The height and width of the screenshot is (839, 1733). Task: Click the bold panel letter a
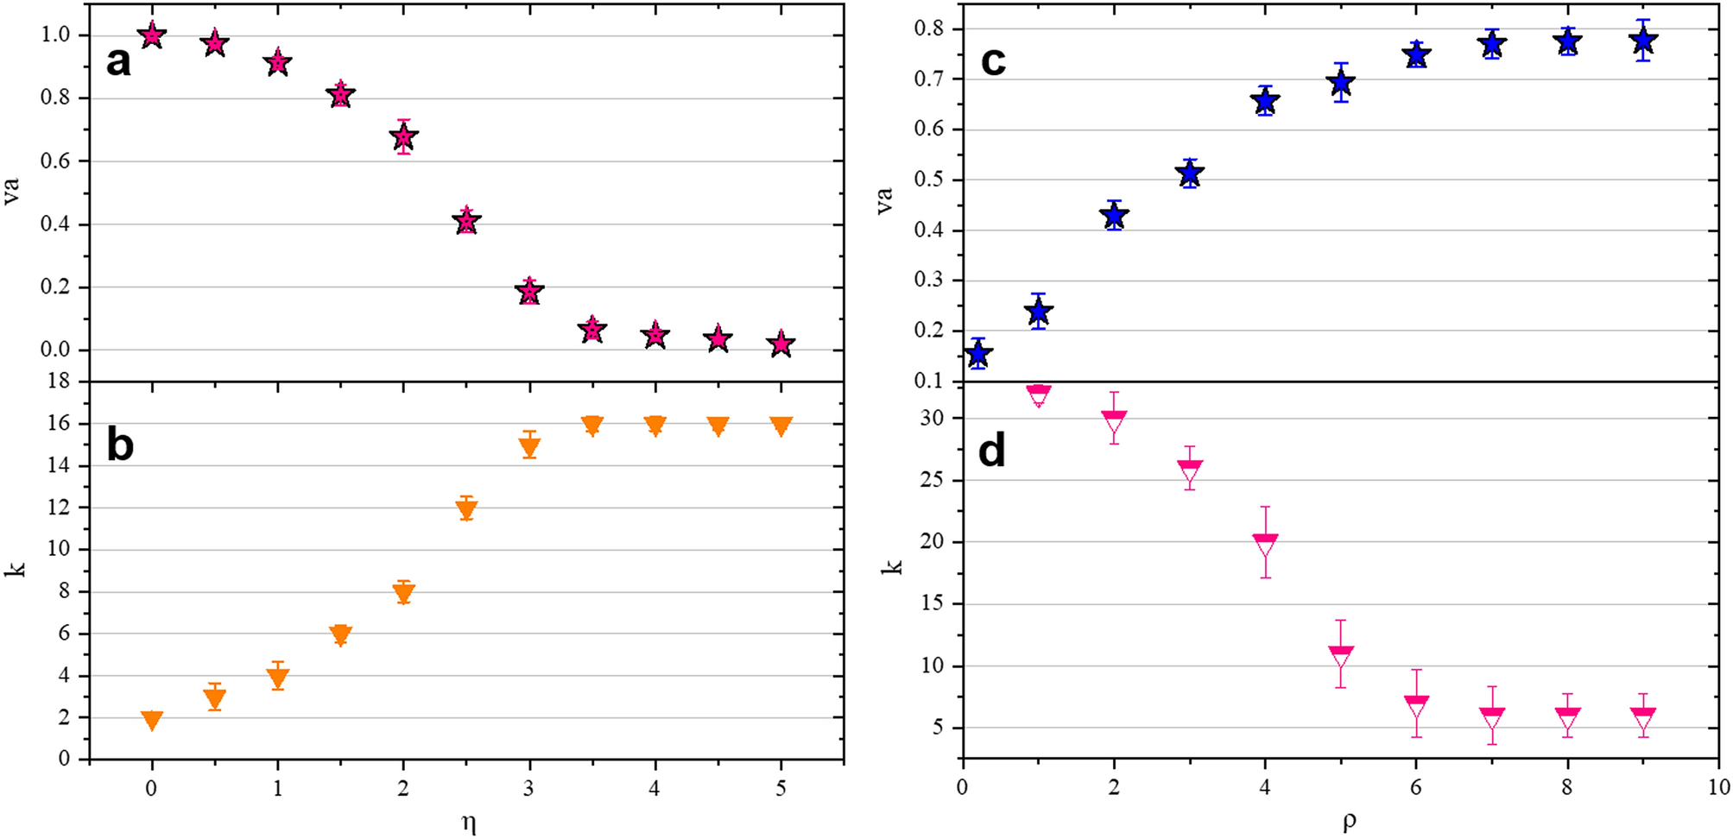click(x=118, y=62)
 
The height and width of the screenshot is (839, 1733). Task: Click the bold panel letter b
click(x=120, y=445)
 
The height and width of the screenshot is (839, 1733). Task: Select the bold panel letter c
click(x=993, y=61)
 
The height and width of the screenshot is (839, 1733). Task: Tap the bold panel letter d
click(x=991, y=451)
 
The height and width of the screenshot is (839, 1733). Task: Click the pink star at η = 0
click(x=152, y=35)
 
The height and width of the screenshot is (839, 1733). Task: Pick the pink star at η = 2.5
click(x=466, y=222)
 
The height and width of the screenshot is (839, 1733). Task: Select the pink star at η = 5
click(x=781, y=344)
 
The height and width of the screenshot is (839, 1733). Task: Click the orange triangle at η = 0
click(x=152, y=720)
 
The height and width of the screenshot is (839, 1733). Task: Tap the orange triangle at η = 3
click(x=529, y=446)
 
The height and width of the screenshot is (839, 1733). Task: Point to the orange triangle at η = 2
click(x=403, y=592)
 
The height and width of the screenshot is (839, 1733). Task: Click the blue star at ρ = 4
click(x=1265, y=101)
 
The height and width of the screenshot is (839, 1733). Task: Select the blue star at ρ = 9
click(x=1643, y=41)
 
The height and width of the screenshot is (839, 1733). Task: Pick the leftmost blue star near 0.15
click(x=977, y=353)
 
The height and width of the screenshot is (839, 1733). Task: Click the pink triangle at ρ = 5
click(x=1340, y=657)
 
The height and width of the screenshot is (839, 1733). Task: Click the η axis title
click(x=468, y=822)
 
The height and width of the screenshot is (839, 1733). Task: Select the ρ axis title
click(x=1349, y=822)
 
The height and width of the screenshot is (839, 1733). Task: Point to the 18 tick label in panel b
click(x=58, y=382)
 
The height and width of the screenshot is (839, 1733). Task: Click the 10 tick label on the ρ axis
click(x=1717, y=786)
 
